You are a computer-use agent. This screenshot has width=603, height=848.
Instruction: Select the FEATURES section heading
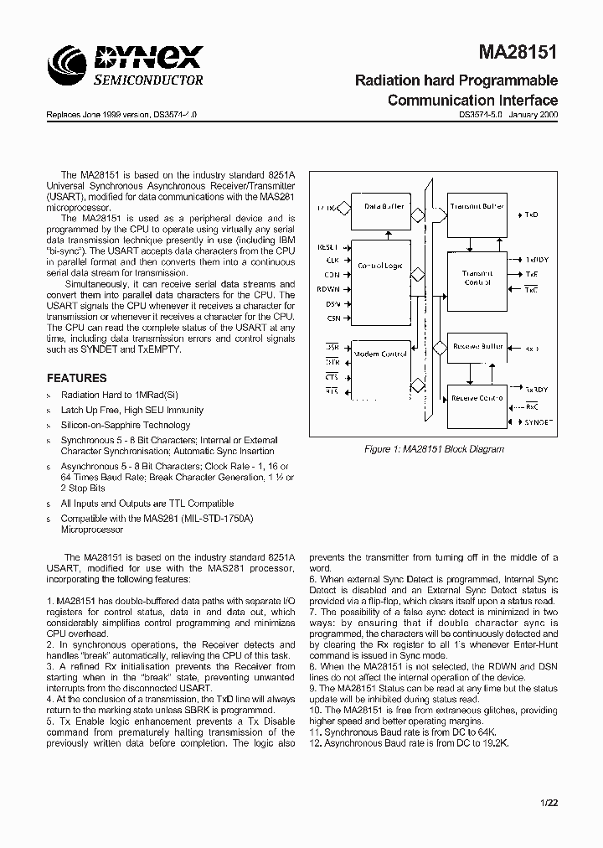(76, 378)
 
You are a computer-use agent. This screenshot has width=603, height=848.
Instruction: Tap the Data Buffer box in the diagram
(383, 207)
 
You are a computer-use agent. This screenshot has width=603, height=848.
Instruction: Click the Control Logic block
(381, 265)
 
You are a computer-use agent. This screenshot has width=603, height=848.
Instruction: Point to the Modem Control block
(381, 355)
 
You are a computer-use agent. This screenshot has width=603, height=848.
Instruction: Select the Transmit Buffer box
(476, 207)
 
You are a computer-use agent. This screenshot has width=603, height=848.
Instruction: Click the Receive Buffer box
(477, 346)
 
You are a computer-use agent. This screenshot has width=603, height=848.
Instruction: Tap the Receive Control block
(477, 398)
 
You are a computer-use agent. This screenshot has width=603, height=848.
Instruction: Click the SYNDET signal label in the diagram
(539, 424)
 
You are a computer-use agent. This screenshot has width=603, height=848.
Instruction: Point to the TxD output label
(531, 215)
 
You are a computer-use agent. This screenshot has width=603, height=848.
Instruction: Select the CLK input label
(332, 261)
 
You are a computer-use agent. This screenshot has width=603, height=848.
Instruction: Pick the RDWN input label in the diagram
(329, 289)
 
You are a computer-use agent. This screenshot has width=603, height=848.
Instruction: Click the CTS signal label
(332, 377)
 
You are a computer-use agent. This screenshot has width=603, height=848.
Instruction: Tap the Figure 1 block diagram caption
(434, 449)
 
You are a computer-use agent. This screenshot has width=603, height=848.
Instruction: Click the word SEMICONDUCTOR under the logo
(147, 80)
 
